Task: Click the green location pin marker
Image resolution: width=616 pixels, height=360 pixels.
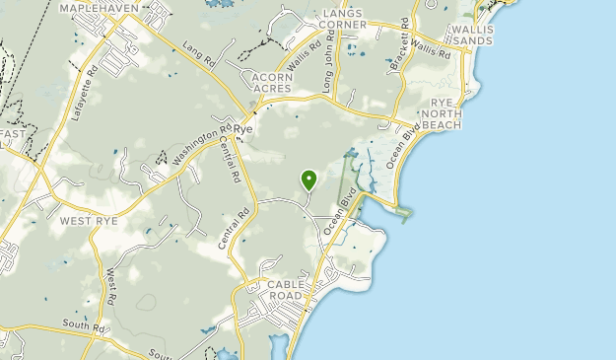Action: (x=309, y=180)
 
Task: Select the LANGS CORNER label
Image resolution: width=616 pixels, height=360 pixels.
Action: (x=330, y=17)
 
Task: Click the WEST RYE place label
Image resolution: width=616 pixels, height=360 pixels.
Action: (x=89, y=221)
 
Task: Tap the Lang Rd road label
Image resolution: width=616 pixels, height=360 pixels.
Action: (x=198, y=54)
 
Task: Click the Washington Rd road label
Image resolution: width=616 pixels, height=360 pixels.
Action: (x=200, y=142)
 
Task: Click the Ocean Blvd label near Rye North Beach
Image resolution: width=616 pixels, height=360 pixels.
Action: (x=404, y=146)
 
